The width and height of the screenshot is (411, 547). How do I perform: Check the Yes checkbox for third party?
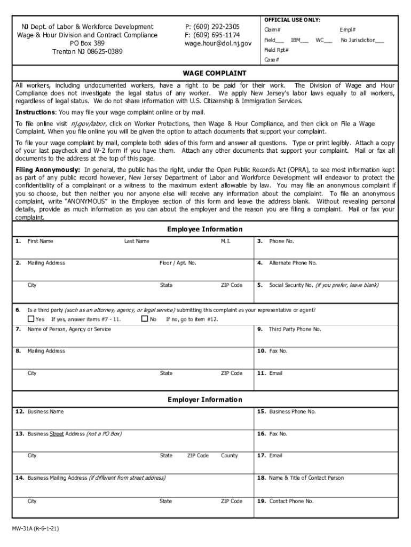pos(31,319)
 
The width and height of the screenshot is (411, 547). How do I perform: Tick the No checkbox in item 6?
pos(144,319)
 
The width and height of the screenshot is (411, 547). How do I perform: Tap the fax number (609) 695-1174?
pos(212,35)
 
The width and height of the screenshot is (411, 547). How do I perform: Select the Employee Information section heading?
pos(204,229)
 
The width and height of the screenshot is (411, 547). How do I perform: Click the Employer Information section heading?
pos(204,400)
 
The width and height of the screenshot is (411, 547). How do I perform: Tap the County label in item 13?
pos(229,456)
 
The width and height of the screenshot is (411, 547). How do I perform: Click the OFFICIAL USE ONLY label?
pos(292,20)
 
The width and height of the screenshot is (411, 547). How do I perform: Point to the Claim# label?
pos(272,30)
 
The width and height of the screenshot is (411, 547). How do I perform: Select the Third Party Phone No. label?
pos(295,330)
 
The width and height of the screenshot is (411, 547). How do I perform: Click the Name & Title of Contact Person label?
pos(306,478)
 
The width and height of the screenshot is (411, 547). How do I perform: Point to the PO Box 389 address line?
pos(87,43)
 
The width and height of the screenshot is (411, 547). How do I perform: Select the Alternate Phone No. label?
pos(293,263)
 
